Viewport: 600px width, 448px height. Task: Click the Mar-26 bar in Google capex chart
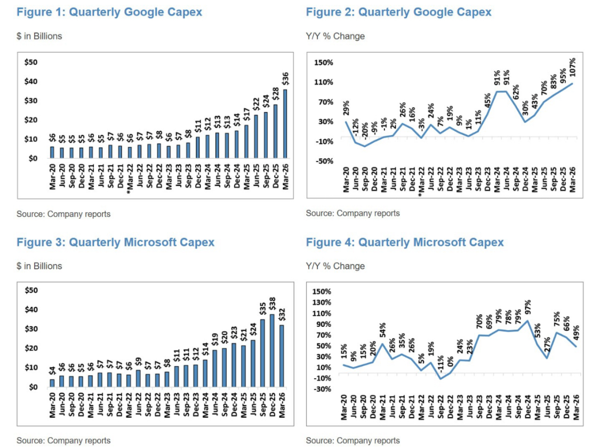285,124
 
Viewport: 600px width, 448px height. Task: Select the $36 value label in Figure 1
285,79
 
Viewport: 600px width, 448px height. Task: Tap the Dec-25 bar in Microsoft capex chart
272,350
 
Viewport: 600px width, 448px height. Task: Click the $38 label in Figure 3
273,304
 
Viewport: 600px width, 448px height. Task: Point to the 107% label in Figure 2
572,68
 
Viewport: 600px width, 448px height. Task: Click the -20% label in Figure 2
365,131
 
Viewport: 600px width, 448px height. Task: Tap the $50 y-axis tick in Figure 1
30,62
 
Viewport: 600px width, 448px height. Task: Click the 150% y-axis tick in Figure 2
324,62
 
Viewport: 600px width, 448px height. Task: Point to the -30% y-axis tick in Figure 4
322,389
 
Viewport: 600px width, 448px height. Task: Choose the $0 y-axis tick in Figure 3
33,387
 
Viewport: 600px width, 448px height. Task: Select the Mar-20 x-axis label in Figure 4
343,407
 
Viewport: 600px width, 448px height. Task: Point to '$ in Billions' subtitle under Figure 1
39,36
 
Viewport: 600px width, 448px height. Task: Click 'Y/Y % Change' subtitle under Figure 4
335,266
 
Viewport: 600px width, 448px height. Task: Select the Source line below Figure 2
353,213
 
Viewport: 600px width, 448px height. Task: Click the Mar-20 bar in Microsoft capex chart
52,383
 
